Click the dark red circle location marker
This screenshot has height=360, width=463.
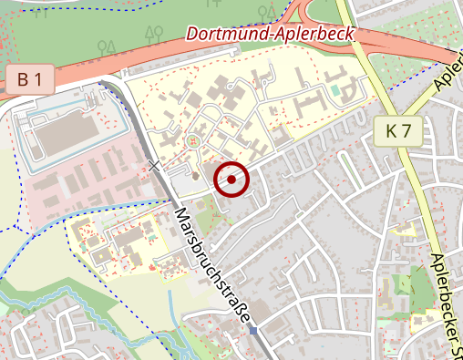point(231,180)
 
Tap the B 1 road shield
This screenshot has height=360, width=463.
point(30,80)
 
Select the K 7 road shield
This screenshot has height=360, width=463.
point(398,130)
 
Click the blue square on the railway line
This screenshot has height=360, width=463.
point(252,330)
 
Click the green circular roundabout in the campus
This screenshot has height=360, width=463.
point(192,141)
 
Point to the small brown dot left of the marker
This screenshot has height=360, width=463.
point(195,174)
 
